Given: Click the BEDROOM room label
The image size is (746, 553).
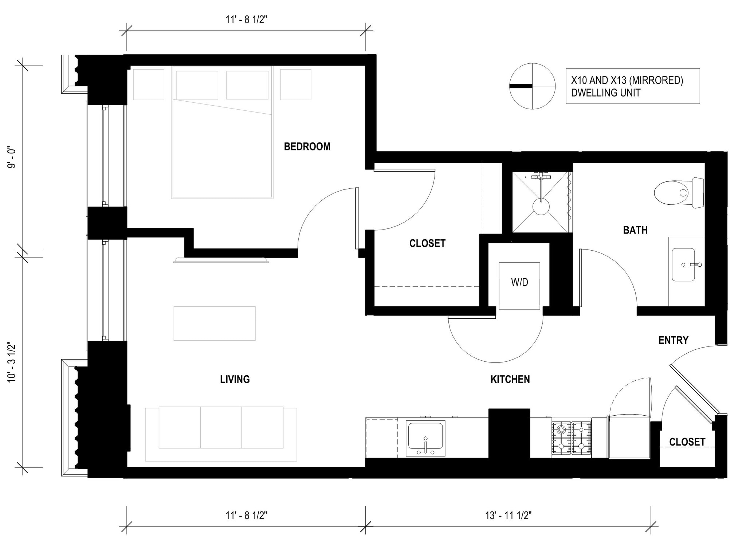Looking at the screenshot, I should pos(307,146).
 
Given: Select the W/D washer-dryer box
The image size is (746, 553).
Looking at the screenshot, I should pos(519,282).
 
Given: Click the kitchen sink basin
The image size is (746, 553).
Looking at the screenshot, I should pos(425,435).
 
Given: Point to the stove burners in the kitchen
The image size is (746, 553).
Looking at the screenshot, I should pos(571,439).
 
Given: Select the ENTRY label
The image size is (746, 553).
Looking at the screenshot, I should pos(673,340).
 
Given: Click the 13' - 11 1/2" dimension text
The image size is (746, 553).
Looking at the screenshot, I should pos(508,515).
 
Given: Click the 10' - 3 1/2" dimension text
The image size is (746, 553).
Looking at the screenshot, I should pos(12,362).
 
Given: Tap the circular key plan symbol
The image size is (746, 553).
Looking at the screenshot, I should pos(532,86).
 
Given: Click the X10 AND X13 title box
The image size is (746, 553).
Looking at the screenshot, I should pos(632,86).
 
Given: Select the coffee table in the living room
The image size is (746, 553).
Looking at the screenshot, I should pos(214,323).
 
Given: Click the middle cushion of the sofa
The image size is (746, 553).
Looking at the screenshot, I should pos(221,427).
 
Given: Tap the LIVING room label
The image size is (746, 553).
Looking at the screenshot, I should pos(235,380).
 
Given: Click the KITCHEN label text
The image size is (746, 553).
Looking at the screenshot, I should pos(510,380).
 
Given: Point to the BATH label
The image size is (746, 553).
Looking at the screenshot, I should pos(635,230).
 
